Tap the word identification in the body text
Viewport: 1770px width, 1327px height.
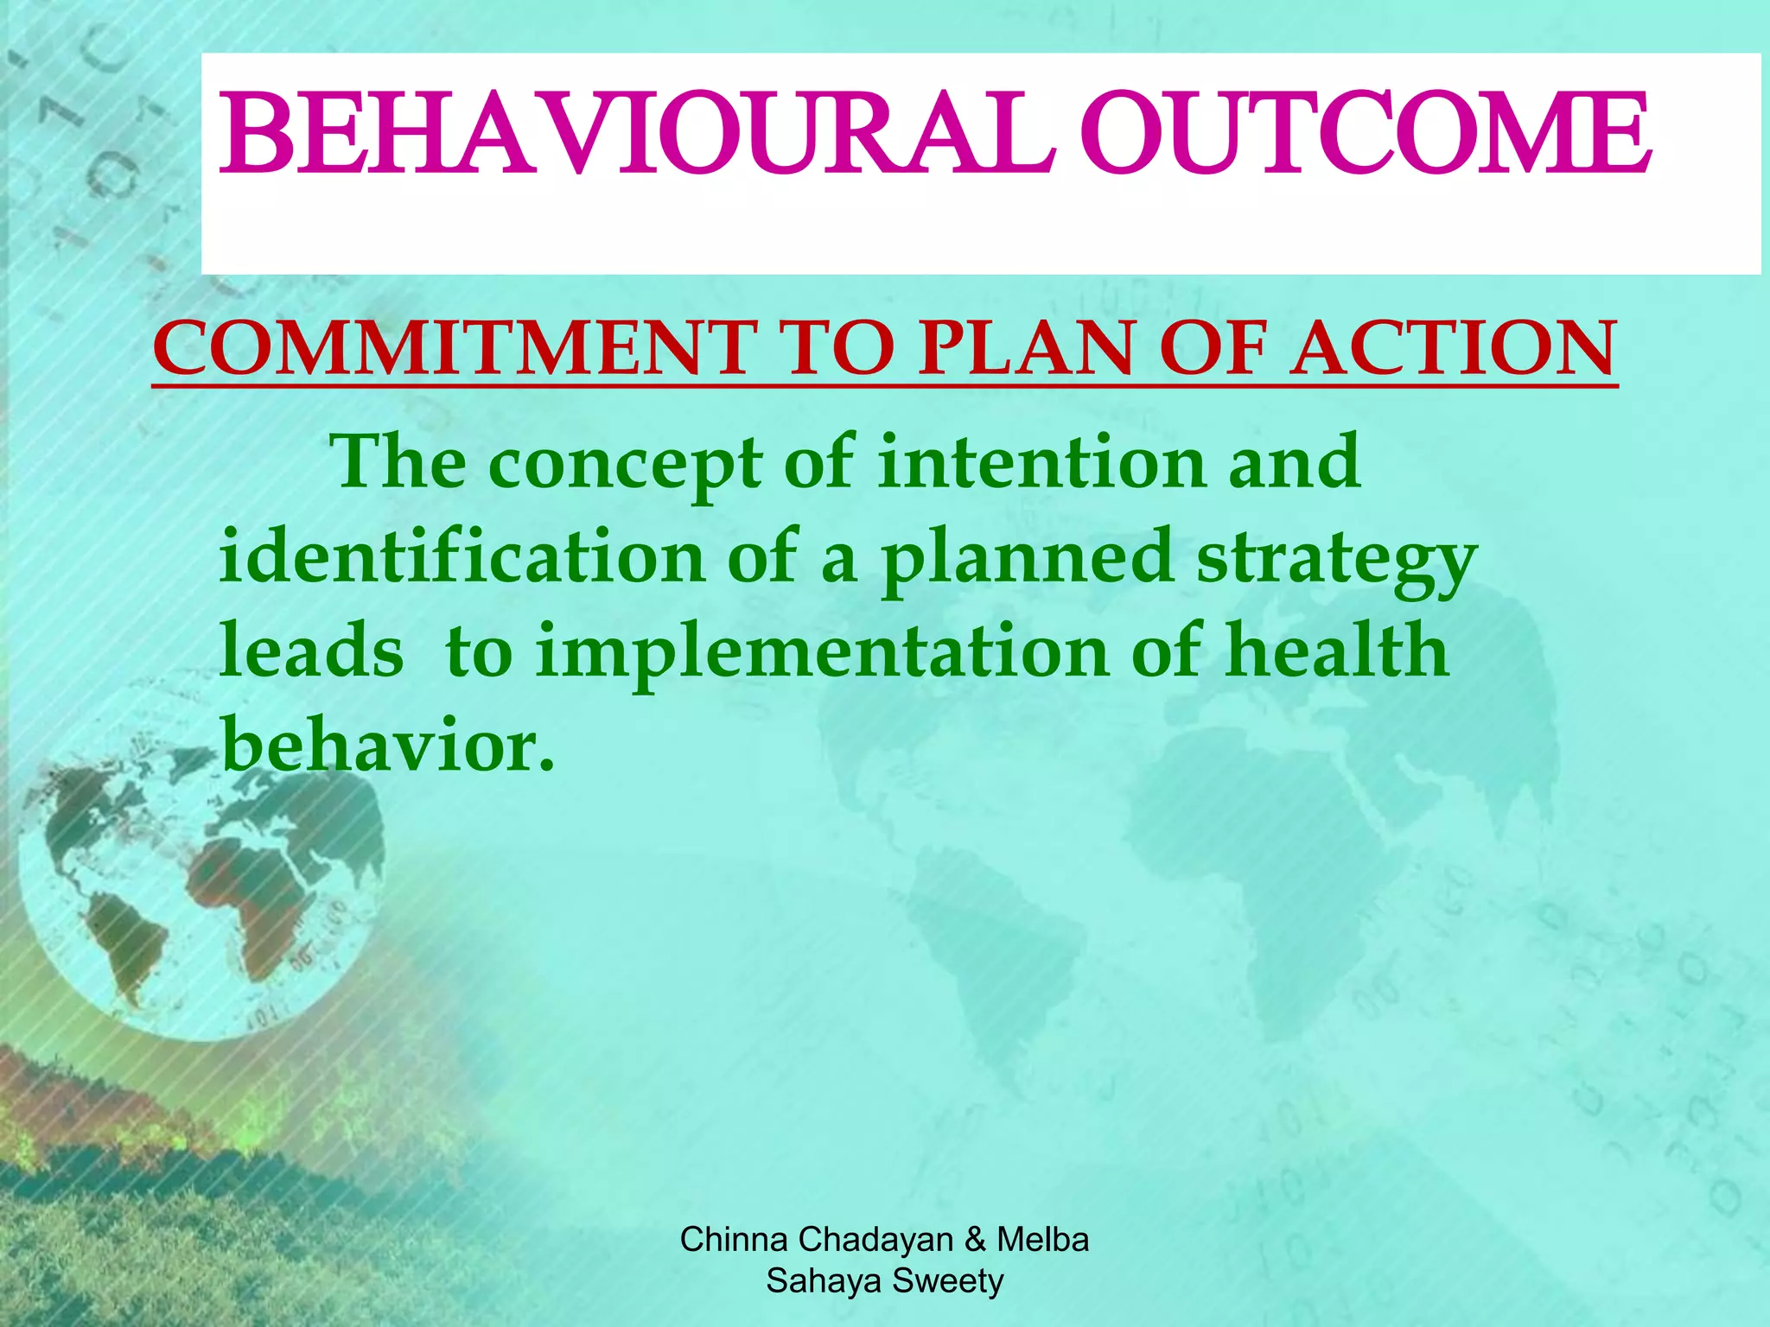click(x=462, y=557)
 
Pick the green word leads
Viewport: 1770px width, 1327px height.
click(x=311, y=651)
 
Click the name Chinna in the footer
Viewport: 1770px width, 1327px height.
click(x=734, y=1240)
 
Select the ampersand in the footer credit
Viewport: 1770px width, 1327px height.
click(x=975, y=1240)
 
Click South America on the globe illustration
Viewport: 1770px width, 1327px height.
click(x=130, y=942)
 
